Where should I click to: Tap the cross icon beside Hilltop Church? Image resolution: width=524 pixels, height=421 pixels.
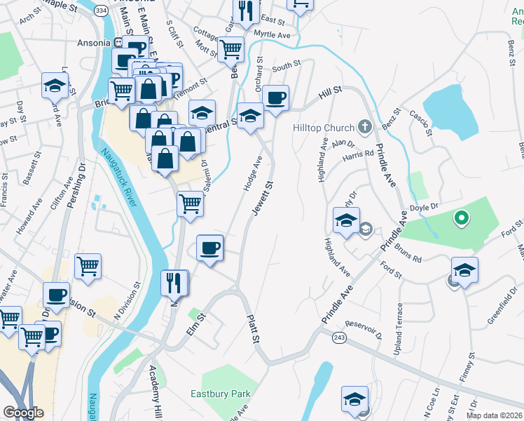click(364, 128)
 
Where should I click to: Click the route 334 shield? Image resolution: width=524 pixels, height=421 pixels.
click(102, 11)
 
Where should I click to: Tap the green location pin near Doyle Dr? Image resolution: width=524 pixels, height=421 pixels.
click(461, 219)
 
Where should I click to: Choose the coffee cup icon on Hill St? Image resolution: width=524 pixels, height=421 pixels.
click(276, 98)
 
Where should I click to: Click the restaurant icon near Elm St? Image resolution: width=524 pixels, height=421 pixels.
click(175, 283)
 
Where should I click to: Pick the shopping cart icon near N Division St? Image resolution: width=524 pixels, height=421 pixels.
click(88, 266)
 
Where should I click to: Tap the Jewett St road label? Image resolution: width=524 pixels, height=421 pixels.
click(262, 197)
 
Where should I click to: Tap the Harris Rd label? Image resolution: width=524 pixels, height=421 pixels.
click(359, 154)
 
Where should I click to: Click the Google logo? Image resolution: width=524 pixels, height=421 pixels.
click(23, 413)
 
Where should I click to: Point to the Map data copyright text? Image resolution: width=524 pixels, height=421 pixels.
click(495, 415)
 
